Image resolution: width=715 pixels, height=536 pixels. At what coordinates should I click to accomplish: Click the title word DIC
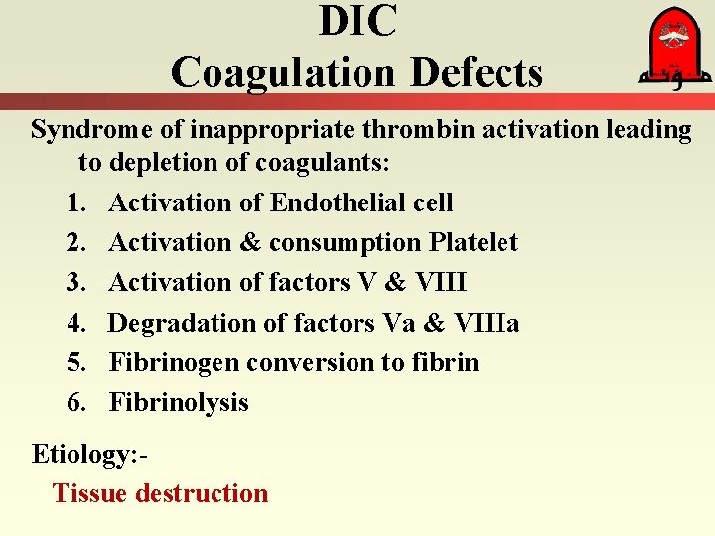[x=357, y=22]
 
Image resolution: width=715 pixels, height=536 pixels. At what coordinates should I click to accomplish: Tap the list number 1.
[x=77, y=202]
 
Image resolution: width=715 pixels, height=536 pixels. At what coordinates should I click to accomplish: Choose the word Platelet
[x=475, y=242]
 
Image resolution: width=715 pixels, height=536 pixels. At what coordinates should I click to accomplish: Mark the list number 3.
[x=77, y=282]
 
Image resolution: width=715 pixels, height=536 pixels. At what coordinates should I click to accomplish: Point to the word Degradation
[x=185, y=323]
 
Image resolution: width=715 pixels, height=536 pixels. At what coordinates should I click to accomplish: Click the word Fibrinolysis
[x=179, y=402]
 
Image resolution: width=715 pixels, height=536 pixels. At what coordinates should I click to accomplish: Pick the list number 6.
[x=77, y=402]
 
